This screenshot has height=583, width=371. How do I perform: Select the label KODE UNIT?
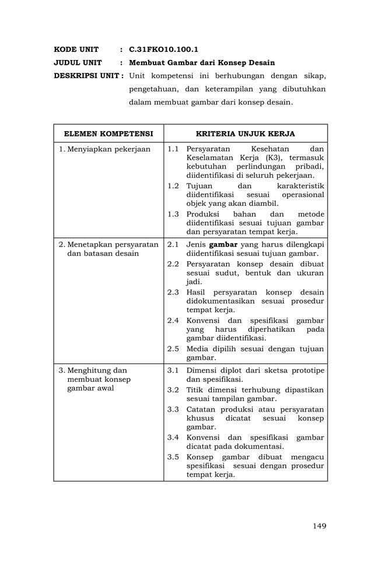pyautogui.click(x=76, y=50)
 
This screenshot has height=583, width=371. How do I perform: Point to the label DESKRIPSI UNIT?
pyautogui.click(x=87, y=76)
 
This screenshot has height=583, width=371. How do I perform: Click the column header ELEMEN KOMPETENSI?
pyautogui.click(x=108, y=134)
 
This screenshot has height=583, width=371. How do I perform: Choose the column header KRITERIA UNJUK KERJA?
pyautogui.click(x=245, y=134)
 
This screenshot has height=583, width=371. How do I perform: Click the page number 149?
pyautogui.click(x=319, y=526)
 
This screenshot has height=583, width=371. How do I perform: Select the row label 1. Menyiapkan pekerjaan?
pyautogui.click(x=105, y=149)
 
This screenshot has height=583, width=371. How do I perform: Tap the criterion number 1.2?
pyautogui.click(x=173, y=186)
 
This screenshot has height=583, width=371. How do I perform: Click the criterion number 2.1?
pyautogui.click(x=173, y=244)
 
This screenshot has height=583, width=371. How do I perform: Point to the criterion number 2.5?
pyautogui.click(x=173, y=349)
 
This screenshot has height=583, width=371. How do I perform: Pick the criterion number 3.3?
pyautogui.click(x=173, y=409)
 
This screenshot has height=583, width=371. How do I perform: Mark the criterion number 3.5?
pyautogui.click(x=173, y=456)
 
